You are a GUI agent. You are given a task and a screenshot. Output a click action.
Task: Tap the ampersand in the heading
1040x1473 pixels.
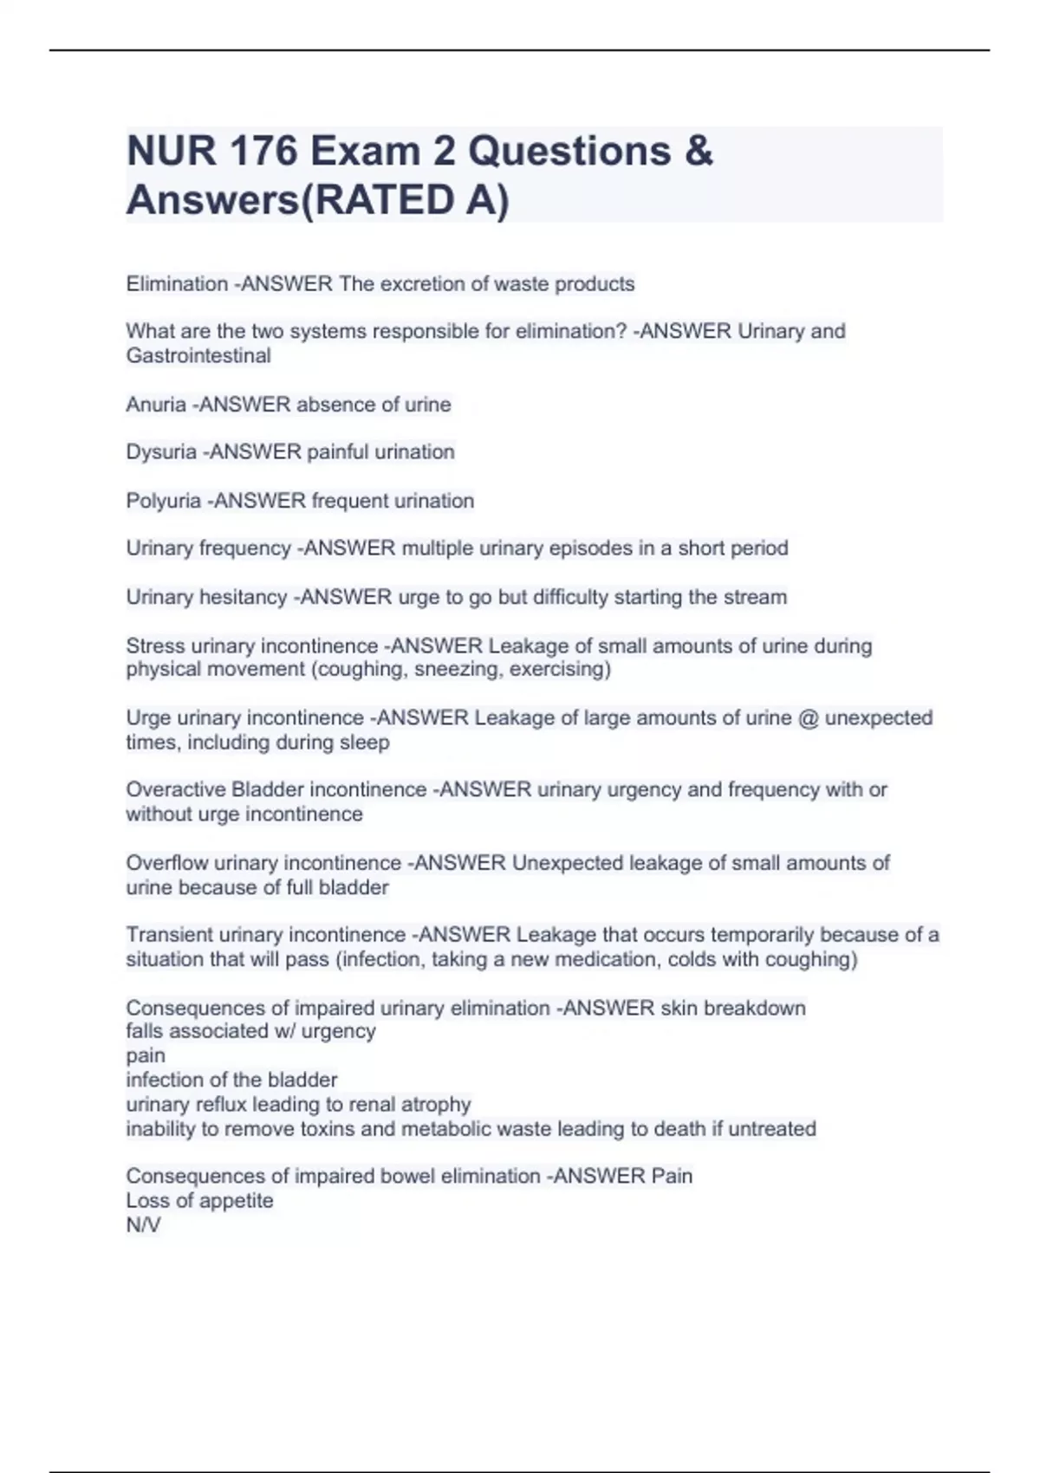click(699, 151)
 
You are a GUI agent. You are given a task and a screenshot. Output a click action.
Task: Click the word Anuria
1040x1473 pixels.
click(156, 405)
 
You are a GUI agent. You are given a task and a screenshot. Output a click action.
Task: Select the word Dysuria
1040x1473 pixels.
click(161, 452)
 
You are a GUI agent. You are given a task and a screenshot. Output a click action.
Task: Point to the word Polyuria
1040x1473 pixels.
click(164, 501)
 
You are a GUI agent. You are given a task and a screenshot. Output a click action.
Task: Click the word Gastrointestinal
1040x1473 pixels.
click(198, 356)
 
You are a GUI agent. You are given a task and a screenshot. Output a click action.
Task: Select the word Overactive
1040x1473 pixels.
click(176, 790)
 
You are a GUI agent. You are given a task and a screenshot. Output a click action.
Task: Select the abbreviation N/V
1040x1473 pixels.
click(143, 1225)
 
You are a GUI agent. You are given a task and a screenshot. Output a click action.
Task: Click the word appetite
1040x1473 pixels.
click(236, 1201)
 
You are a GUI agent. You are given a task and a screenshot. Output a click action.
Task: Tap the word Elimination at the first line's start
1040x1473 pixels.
click(177, 284)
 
